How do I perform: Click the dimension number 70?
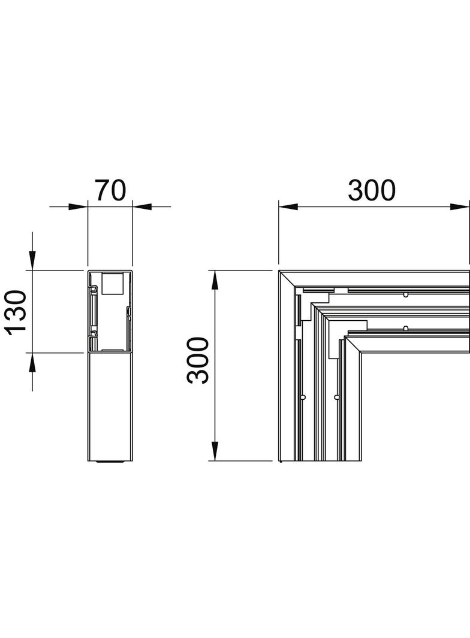click(x=110, y=190)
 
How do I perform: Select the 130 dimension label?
click(x=16, y=311)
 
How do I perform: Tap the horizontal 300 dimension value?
click(x=372, y=190)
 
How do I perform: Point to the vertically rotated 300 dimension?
click(x=197, y=360)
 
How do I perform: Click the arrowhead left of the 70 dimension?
click(x=77, y=207)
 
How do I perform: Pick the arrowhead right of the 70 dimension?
click(x=142, y=207)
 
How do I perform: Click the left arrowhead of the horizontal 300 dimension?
click(x=289, y=207)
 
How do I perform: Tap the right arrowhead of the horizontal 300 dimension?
click(x=460, y=207)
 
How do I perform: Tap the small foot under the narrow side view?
click(x=109, y=463)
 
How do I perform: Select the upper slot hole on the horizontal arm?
click(x=406, y=295)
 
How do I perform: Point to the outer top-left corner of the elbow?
click(x=280, y=272)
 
